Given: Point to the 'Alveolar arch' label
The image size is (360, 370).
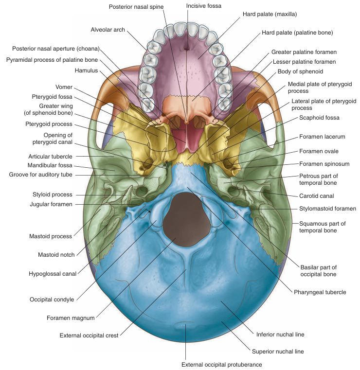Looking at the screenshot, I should coord(108,30).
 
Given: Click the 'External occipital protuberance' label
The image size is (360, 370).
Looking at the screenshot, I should coord(221,364).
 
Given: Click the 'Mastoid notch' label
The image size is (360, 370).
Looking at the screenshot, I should coord(57,254).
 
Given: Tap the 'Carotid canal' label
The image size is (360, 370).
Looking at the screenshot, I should coord(316,195).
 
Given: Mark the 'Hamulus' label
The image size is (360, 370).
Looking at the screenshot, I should coord(87,70).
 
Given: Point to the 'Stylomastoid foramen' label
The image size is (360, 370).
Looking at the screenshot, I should coord(326,209).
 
